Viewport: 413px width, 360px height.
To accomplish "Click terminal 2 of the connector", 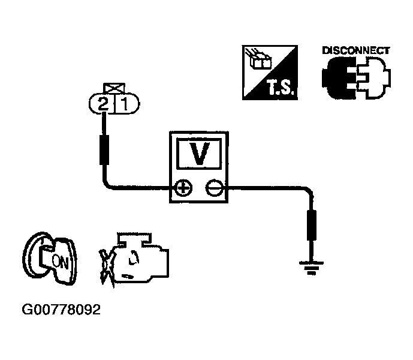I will click(x=103, y=105).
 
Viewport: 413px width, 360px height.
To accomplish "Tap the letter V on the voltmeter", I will click(x=198, y=154).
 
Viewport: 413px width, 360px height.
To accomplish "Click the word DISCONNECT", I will click(x=356, y=50).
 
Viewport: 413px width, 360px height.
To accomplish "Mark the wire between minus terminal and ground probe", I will click(x=270, y=188).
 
